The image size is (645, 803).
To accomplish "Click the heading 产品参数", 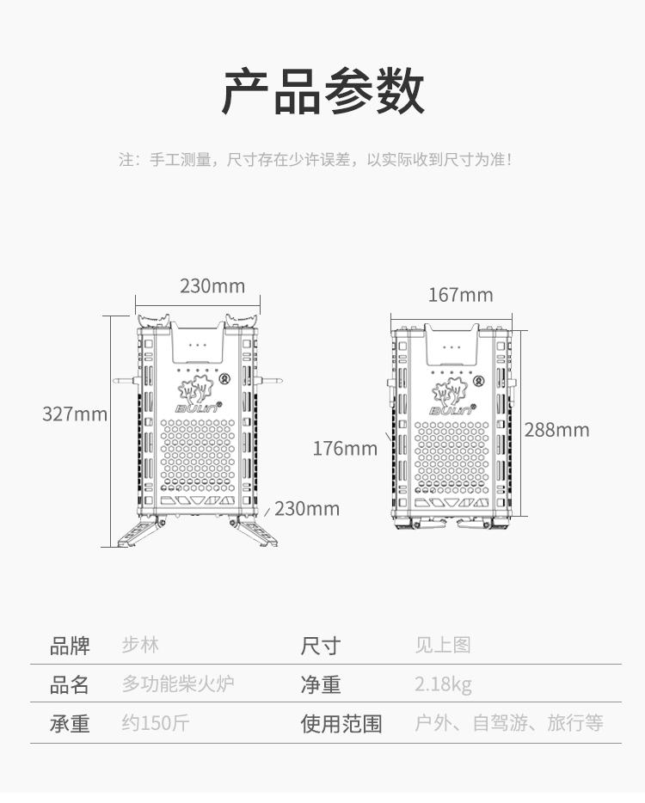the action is tap(322, 92).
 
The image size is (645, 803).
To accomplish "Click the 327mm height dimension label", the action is tap(75, 414).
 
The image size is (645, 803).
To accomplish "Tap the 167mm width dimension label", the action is tap(461, 295).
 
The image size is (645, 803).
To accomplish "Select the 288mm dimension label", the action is tap(556, 430).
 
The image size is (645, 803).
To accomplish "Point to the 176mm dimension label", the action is tap(345, 448).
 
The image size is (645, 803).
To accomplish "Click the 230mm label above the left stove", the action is tap(212, 286).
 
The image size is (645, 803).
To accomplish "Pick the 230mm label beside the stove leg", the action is tap(307, 508).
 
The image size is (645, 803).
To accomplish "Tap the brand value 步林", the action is tap(140, 645).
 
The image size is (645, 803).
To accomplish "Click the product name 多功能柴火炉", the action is tap(178, 684).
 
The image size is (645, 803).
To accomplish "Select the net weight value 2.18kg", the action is tap(443, 684).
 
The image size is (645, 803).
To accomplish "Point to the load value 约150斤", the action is tap(155, 723).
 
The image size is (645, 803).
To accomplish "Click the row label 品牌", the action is tap(70, 645).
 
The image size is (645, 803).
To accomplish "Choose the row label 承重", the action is tap(70, 723).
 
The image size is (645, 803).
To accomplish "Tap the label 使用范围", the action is tap(341, 723).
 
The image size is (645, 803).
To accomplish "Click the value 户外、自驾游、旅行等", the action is tap(509, 723).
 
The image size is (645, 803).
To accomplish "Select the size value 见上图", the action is tap(443, 645).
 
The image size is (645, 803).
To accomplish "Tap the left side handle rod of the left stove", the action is tap(126, 378).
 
